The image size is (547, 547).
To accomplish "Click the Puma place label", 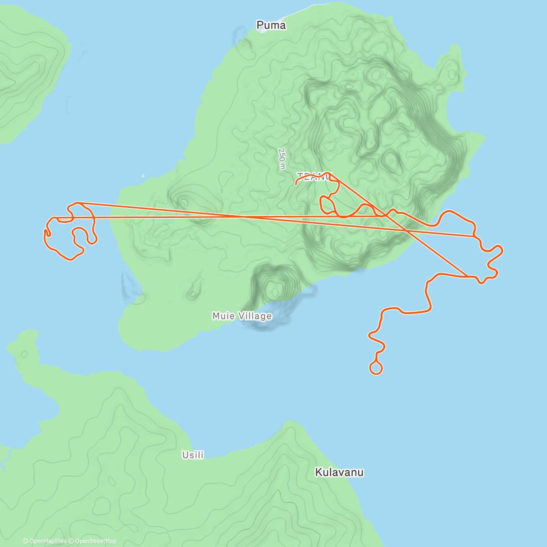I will (x=271, y=26).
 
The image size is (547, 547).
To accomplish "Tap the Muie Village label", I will (x=242, y=316).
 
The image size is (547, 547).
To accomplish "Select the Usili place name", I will (x=193, y=455).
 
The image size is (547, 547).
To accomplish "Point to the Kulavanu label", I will (x=339, y=472).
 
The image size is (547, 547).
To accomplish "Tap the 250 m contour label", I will (x=282, y=159).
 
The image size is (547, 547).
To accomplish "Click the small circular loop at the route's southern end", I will (x=376, y=368).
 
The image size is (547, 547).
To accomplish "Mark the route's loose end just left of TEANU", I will (x=296, y=184).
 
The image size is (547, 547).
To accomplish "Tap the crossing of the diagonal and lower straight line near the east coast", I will (x=407, y=231).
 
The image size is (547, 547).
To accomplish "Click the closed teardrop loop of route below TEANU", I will (x=328, y=205).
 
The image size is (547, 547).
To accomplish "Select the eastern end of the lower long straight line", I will (x=474, y=236).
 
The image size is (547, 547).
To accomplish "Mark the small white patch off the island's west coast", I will (x=143, y=175).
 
